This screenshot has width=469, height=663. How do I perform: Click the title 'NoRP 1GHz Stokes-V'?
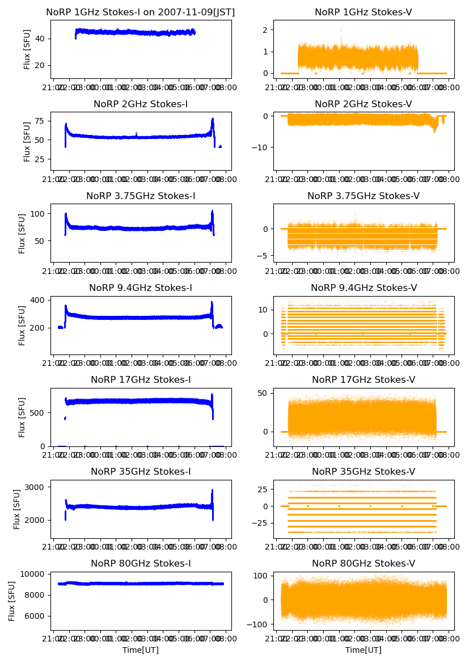[x=363, y=12]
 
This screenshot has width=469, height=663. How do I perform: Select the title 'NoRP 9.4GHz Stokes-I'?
[x=141, y=288]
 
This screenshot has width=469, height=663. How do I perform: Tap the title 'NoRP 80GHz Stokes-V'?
[x=363, y=563]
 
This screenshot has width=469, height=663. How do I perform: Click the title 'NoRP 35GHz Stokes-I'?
[x=141, y=472]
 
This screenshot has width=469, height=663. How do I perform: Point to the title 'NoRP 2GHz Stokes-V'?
[x=363, y=104]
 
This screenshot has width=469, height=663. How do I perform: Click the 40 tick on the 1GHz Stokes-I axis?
[x=41, y=39]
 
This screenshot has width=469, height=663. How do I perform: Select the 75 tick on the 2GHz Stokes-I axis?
[x=41, y=121]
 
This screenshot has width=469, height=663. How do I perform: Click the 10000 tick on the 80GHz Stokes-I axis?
[x=35, y=574]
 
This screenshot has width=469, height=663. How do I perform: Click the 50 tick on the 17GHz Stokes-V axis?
[x=264, y=393]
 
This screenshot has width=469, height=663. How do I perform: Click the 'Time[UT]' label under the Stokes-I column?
[x=141, y=650]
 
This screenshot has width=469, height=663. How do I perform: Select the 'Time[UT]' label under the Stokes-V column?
[x=363, y=650]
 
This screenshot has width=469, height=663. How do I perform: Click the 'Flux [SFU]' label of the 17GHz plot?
[x=22, y=417]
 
